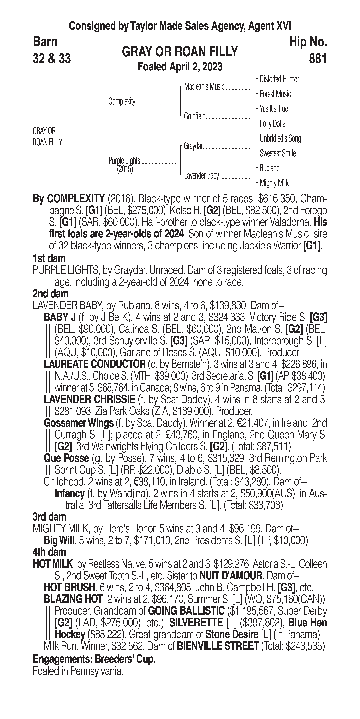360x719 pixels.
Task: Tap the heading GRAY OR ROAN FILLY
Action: coord(180,52)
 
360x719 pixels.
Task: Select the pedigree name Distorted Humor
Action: coord(279,79)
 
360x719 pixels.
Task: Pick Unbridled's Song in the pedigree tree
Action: coord(280,138)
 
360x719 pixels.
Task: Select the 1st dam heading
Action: coord(49,258)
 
